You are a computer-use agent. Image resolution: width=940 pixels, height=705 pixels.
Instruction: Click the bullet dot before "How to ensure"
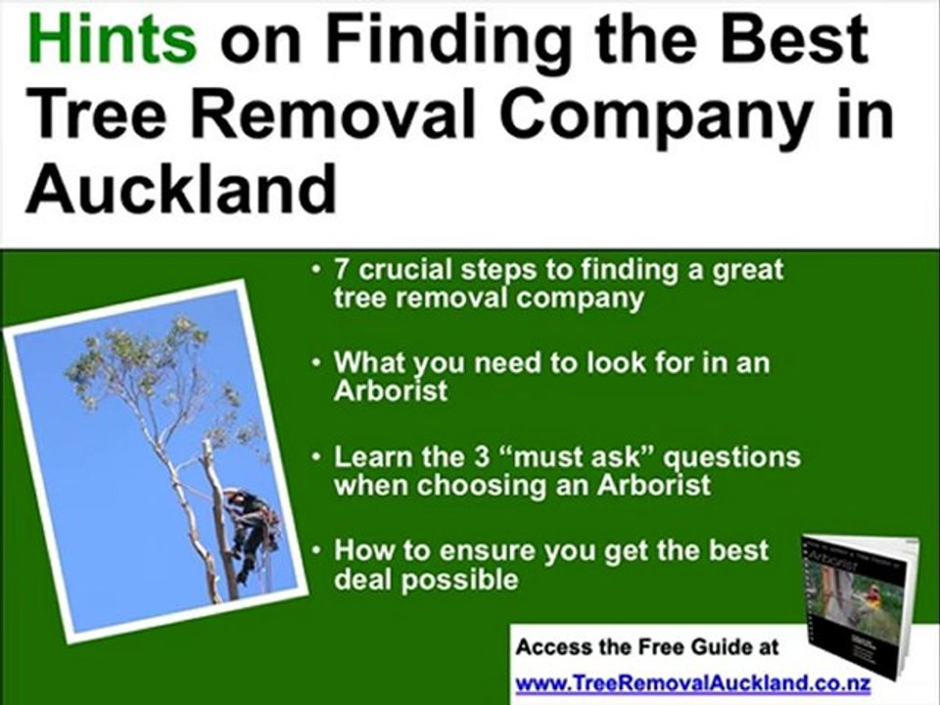click(x=317, y=550)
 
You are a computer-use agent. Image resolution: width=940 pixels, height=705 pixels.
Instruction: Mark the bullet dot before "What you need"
click(x=317, y=363)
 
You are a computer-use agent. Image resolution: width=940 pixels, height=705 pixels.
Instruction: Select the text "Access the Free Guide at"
click(x=647, y=647)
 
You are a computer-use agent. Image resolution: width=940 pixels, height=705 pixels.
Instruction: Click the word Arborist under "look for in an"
click(x=390, y=392)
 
